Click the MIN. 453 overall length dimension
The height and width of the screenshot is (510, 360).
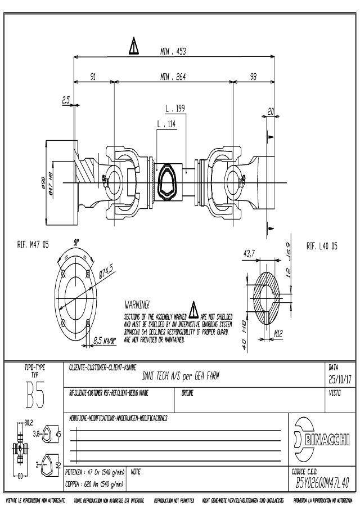coord(173,51)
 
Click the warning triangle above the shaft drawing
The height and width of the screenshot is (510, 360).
coord(134,46)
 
